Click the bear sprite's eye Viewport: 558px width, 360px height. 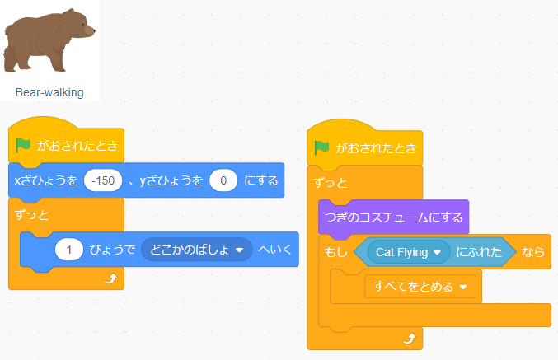pos(83,25)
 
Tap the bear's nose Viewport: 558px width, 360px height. pos(93,30)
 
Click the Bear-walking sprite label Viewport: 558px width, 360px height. pos(49,92)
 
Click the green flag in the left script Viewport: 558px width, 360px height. pos(23,146)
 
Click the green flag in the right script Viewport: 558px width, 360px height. pos(321,147)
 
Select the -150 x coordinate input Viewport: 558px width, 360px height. pos(103,180)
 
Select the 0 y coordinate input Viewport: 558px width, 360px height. pos(223,180)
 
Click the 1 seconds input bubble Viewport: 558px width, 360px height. pos(69,250)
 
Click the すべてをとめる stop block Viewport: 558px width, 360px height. pos(420,287)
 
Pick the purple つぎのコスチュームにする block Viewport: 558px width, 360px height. pos(394,217)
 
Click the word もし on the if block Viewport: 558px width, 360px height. pos(336,252)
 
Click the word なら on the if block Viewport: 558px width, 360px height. pos(533,252)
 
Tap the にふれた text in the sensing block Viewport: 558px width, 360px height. pos(479,252)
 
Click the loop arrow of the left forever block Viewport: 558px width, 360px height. pos(110,278)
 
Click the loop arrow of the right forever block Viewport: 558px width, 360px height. pos(410,339)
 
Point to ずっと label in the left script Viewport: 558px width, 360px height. pos(31,215)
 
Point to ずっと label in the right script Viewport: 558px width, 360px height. pos(331,183)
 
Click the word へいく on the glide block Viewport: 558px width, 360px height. pos(274,250)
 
